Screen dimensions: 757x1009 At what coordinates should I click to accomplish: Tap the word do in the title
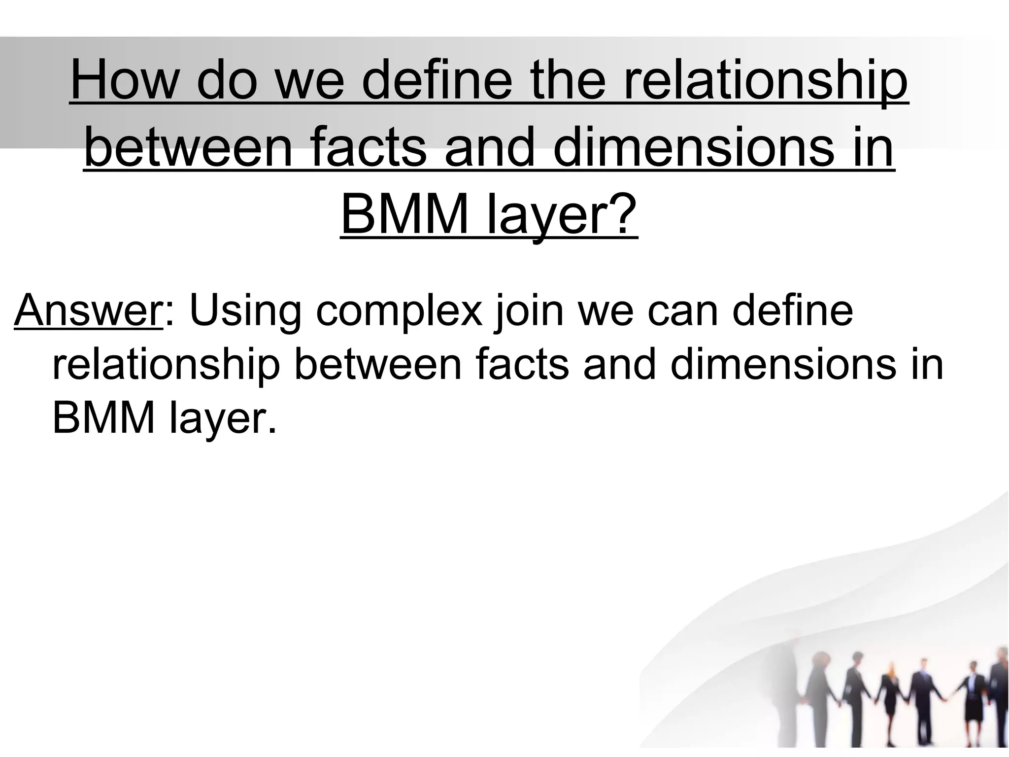(x=227, y=80)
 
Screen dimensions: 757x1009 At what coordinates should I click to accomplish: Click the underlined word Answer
(x=88, y=311)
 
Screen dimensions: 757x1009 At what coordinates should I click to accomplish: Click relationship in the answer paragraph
(x=166, y=366)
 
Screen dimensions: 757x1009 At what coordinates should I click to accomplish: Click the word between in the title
(x=189, y=147)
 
